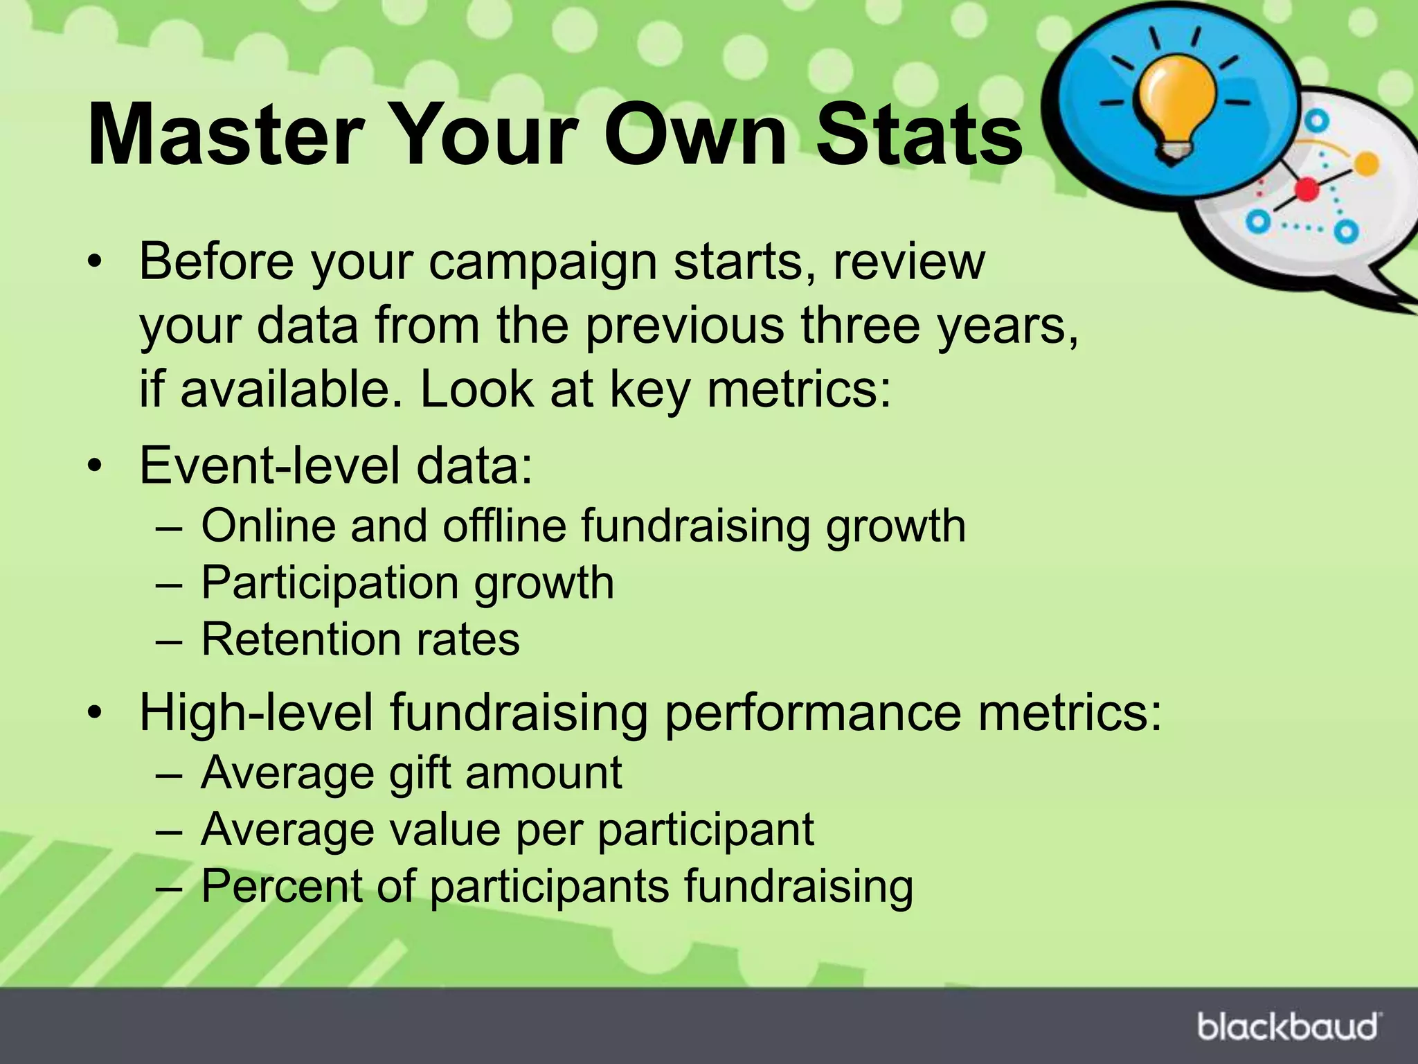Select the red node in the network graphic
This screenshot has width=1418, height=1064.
[x=1307, y=189]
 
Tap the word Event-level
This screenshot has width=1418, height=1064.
[x=270, y=465]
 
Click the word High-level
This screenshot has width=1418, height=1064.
[x=257, y=713]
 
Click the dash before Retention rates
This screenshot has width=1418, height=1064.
[x=168, y=640]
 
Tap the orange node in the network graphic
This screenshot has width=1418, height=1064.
[x=1365, y=164]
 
